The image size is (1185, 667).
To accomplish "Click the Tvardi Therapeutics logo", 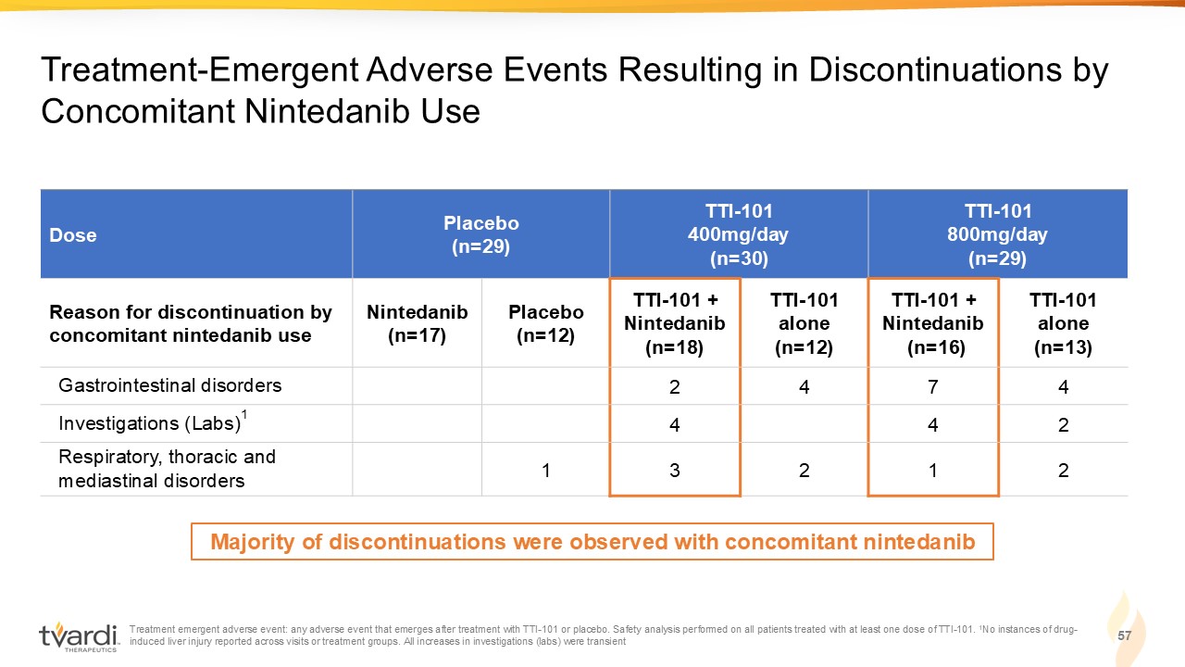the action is point(80,636).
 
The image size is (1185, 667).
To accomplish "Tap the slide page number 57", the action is point(1124,636).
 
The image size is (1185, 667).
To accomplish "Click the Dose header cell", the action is point(73,235).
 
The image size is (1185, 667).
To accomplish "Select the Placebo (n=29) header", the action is point(480,234).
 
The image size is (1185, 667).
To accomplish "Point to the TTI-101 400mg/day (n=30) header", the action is point(739,234).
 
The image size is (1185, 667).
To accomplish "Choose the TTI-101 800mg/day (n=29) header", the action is point(997,234).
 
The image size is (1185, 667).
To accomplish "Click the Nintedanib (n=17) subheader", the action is point(417,323).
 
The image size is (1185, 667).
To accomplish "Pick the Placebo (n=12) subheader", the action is point(546,323).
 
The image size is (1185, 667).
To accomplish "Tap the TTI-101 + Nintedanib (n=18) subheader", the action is point(675,323).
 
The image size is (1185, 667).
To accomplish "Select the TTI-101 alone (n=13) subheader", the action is point(1063,323).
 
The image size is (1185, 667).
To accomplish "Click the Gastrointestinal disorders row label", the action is point(169,385).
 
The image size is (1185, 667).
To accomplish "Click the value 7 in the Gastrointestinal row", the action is point(932,387).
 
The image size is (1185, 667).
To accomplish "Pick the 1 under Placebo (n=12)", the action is point(546,470).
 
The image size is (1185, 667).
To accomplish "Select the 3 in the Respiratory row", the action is point(675,470).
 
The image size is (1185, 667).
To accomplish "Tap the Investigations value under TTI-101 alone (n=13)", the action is point(1064,424).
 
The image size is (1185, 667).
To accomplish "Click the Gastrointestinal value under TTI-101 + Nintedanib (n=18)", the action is point(675,387).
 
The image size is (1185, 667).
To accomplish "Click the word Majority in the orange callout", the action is point(253,542).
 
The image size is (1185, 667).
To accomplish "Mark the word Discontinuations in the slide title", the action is point(935,69).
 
